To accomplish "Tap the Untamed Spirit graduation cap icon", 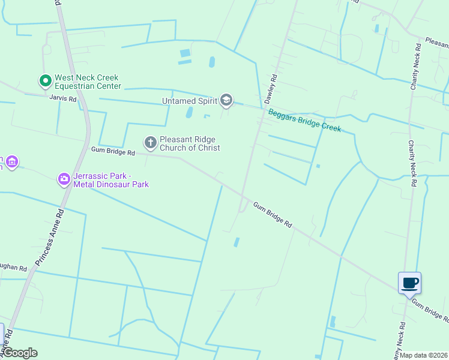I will point(226,100).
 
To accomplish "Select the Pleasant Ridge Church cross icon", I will point(150,143).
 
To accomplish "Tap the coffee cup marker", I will point(409,283).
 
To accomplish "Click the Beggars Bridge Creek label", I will point(304,121).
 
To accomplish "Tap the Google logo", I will point(20,353).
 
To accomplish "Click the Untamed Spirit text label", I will point(189,101).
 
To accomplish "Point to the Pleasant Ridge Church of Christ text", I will point(190,143).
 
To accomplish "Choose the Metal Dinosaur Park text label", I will point(111,184).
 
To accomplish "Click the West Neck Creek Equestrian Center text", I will point(88,82).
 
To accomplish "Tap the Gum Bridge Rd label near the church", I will point(113,151).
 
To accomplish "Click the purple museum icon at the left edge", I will point(11,162).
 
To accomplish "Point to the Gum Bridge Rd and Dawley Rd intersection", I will point(243,196).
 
